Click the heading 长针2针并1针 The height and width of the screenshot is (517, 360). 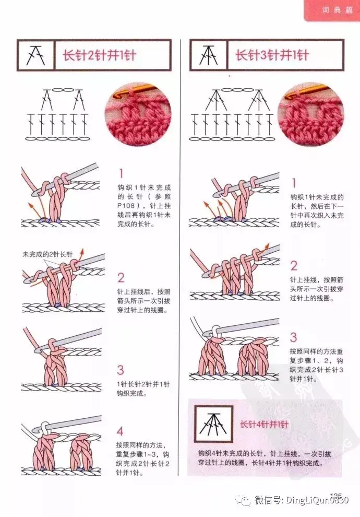[99, 55]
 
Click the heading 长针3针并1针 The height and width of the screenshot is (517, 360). [272, 55]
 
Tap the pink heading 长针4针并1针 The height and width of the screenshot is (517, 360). [264, 425]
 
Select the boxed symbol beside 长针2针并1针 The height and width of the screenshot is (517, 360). [36, 55]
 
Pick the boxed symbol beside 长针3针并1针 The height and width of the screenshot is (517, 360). [209, 55]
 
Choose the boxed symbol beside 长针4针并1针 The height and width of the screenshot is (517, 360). [213, 424]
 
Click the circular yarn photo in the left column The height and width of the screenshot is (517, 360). [138, 114]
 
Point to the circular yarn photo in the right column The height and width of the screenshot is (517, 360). [311, 114]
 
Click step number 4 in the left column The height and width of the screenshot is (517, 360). [120, 431]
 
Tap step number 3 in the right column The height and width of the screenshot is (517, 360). [293, 337]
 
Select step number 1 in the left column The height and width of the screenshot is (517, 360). [121, 173]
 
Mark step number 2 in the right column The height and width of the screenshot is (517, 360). [294, 266]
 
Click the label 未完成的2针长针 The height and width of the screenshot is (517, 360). [47, 254]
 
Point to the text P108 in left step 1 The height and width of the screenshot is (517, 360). [126, 206]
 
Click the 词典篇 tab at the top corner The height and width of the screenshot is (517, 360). [337, 10]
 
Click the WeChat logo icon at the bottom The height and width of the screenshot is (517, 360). [243, 500]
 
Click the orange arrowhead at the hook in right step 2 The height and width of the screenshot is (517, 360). [267, 246]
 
